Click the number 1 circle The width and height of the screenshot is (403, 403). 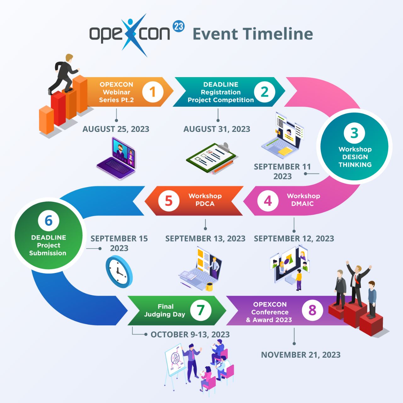[x=153, y=92]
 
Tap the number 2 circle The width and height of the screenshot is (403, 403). [x=264, y=92]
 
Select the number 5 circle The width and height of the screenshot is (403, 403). [x=168, y=201]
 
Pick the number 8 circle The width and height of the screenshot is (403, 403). [x=312, y=310]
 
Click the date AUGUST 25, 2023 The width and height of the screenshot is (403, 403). [x=116, y=129]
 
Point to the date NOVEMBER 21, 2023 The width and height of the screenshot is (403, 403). [x=301, y=355]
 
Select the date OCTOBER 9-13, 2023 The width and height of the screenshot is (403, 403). [x=190, y=334]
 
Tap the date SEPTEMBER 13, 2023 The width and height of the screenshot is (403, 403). [x=205, y=239]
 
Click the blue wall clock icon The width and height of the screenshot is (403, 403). [x=119, y=271]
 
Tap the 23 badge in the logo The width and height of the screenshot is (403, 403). [x=179, y=26]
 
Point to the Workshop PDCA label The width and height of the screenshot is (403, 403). [x=205, y=200]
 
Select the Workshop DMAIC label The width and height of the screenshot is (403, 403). [x=303, y=200]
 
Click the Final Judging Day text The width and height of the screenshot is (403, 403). [x=165, y=310]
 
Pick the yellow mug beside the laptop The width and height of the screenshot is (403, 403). [x=209, y=287]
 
